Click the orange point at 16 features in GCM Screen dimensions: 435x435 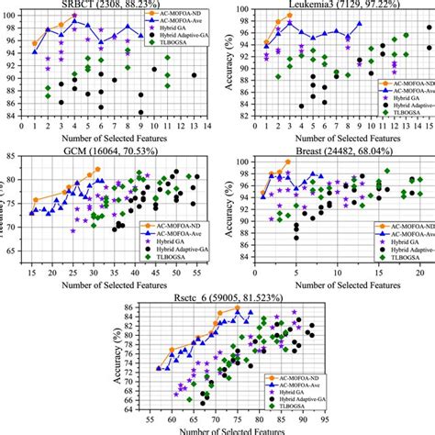point(36,199)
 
